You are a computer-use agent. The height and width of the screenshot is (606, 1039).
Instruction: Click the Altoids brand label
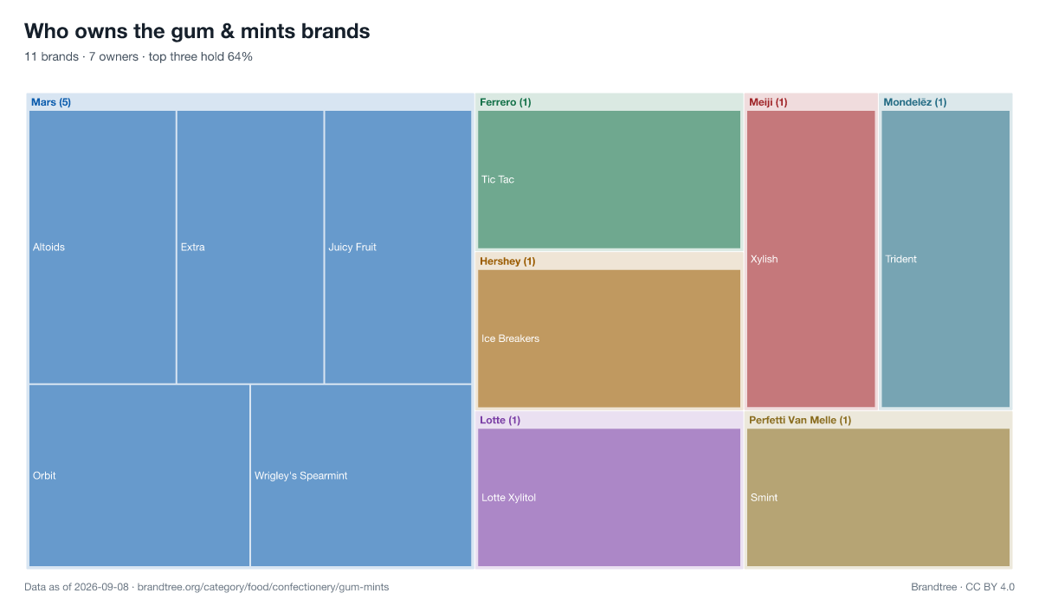[48, 247]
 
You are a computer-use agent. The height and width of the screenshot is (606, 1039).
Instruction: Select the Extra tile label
[192, 247]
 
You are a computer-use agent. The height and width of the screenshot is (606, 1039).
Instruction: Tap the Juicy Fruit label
[352, 247]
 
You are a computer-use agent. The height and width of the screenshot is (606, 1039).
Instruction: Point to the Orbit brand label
[44, 476]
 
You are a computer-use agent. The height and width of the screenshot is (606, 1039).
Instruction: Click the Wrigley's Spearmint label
[300, 476]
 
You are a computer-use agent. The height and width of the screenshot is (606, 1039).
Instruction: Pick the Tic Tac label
[498, 179]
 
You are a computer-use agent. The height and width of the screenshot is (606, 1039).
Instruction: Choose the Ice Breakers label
[510, 338]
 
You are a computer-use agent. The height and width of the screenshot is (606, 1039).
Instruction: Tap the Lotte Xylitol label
[508, 498]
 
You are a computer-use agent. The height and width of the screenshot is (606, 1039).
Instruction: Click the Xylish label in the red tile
[764, 259]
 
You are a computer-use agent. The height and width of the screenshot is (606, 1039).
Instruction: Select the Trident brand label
[900, 259]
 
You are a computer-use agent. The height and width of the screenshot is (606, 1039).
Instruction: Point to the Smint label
[764, 498]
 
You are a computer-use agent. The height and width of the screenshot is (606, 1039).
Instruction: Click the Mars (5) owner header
[51, 102]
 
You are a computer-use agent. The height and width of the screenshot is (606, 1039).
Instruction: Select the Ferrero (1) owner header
[505, 102]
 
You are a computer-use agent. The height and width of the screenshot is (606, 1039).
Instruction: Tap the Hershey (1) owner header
[507, 261]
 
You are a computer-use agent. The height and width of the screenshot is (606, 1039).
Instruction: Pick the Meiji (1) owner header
[768, 102]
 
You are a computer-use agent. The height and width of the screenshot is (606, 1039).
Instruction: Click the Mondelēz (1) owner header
[914, 102]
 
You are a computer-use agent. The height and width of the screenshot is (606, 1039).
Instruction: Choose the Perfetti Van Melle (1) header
[800, 420]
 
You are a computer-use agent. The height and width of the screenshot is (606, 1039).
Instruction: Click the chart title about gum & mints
[197, 31]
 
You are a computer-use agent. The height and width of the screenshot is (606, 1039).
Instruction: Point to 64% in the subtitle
[240, 56]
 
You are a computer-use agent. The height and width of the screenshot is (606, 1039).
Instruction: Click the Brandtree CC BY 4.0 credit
[963, 587]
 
